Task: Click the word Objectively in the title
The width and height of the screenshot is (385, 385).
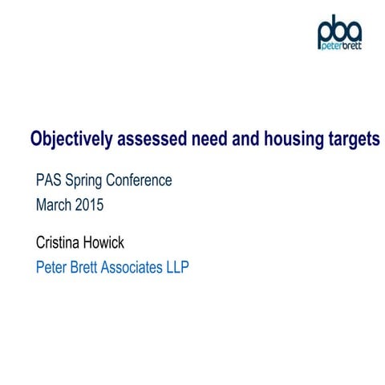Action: coord(67,139)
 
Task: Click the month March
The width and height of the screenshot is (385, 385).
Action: coord(54,205)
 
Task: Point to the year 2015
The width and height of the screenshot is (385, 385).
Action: coord(90,205)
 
